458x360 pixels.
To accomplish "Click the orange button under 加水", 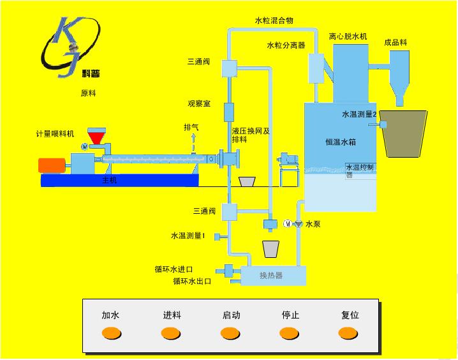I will point(112,333).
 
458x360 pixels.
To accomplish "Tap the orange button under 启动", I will point(230,333).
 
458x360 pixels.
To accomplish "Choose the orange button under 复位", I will point(348,333).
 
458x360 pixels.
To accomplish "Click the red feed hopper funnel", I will point(97,136).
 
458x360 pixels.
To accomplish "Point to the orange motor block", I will point(52,165).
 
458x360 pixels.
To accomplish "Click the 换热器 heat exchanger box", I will point(271,276).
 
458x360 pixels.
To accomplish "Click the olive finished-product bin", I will point(404,133).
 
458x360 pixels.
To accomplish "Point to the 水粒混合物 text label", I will point(274,21).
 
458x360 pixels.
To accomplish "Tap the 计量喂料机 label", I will point(55,133).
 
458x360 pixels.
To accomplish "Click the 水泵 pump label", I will point(313,224).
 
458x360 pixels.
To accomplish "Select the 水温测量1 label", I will point(188,236).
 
